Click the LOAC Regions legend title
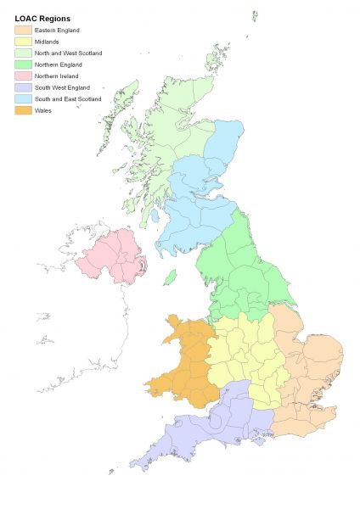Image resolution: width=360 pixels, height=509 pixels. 43,18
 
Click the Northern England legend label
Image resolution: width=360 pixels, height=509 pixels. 58,64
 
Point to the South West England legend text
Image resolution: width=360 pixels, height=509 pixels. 62,87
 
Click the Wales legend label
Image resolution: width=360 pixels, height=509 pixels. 44,110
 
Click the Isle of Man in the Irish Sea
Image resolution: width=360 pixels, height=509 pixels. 170,277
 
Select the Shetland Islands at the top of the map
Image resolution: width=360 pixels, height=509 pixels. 254,17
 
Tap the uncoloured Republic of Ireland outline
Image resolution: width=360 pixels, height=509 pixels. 85,339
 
